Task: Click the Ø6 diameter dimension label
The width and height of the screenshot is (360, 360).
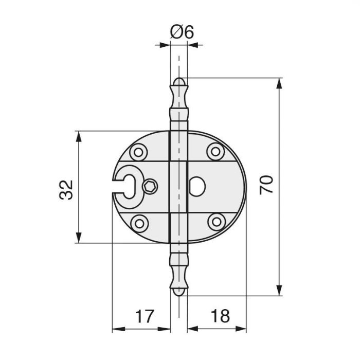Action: (x=182, y=32)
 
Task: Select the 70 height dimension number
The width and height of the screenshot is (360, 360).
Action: (x=266, y=185)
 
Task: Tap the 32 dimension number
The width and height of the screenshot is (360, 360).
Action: (x=66, y=190)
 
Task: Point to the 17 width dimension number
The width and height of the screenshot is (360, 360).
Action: (x=144, y=316)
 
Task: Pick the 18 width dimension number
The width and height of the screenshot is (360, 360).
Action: (x=220, y=316)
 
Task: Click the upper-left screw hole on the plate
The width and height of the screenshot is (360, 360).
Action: (x=138, y=152)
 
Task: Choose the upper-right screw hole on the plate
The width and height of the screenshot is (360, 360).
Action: (x=215, y=152)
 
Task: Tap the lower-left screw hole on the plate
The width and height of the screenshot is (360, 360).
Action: (x=139, y=223)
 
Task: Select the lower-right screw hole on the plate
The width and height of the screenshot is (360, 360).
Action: (x=217, y=222)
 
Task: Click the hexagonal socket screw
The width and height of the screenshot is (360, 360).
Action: (x=150, y=186)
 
